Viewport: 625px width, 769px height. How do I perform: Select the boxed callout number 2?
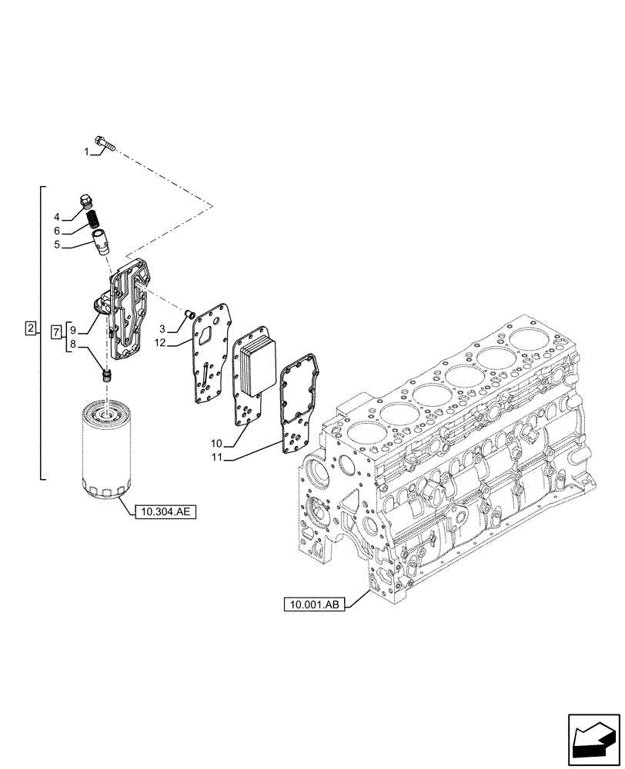30,329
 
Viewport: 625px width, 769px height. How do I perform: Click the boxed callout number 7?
56,331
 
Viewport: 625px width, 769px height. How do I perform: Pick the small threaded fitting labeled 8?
108,375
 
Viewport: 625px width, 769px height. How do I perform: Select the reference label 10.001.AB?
314,605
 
